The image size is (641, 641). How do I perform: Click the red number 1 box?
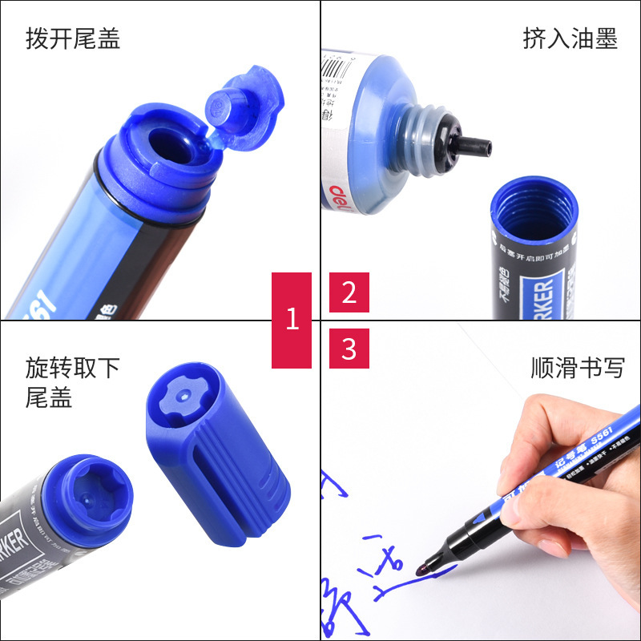coord(292,320)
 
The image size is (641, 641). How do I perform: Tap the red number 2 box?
coord(349,292)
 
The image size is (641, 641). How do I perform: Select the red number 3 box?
coord(349,349)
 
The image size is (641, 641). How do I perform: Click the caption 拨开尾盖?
coord(73,38)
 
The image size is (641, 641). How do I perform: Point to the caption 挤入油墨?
coord(570,38)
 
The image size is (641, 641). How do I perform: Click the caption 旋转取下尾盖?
coord(72,382)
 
